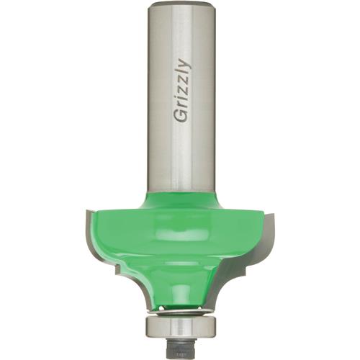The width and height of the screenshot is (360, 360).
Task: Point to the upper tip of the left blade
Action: click(x=89, y=210)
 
